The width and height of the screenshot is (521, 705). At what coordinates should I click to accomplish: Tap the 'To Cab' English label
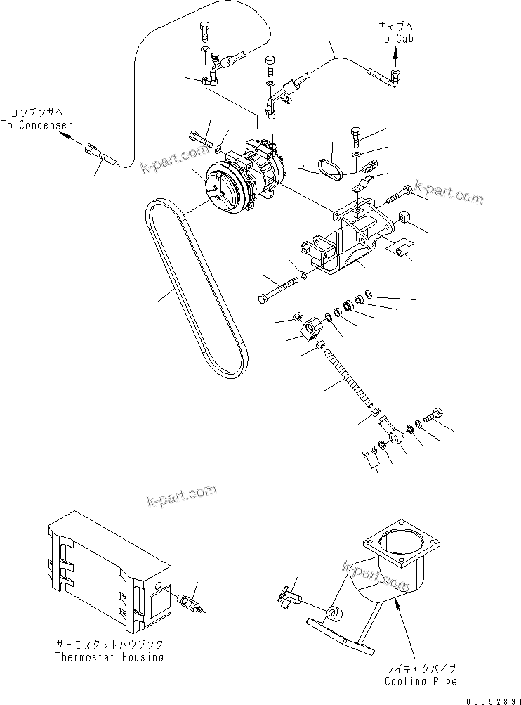(396, 39)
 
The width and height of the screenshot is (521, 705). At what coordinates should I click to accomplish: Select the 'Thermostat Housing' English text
(111, 657)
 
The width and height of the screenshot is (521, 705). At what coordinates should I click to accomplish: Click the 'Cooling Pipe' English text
(420, 681)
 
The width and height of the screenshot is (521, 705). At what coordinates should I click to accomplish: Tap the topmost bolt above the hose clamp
(204, 31)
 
